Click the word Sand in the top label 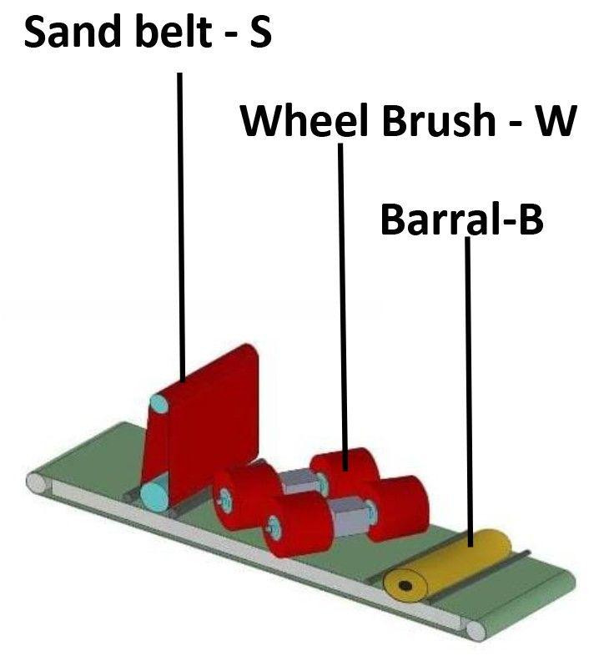[x=76, y=36]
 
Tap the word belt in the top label [x=176, y=36]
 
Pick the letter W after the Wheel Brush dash [x=555, y=122]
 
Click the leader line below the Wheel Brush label [x=340, y=292]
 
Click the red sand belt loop [x=209, y=417]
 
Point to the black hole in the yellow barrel [x=405, y=586]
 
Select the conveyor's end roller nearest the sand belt [x=37, y=482]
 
